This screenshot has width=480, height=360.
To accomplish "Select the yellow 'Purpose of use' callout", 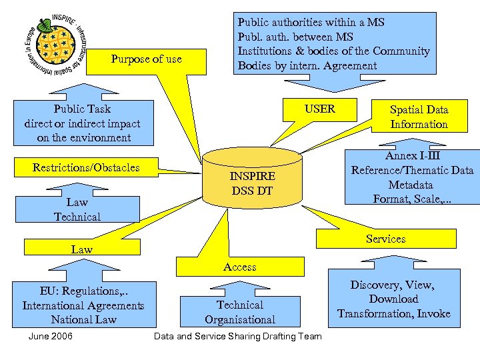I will pyautogui.click(x=146, y=59).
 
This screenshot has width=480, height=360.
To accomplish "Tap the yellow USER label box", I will pyautogui.click(x=320, y=109).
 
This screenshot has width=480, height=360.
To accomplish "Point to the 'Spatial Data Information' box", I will pyautogui.click(x=419, y=117).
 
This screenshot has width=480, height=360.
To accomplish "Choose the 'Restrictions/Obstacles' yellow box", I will pyautogui.click(x=86, y=167).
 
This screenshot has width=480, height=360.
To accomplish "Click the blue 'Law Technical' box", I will pyautogui.click(x=77, y=209).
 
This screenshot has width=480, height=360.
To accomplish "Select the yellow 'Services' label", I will pyautogui.click(x=385, y=239).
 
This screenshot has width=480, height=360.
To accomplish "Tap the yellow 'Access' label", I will pyautogui.click(x=240, y=267).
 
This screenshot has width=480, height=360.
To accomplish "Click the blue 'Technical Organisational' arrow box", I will pyautogui.click(x=240, y=312).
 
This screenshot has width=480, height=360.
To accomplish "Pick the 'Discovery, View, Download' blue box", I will pyautogui.click(x=393, y=299).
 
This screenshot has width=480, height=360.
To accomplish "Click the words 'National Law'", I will pyautogui.click(x=83, y=319).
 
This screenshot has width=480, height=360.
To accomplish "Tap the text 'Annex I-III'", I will pyautogui.click(x=412, y=155).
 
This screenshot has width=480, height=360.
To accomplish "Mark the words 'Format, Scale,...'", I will pyautogui.click(x=412, y=199).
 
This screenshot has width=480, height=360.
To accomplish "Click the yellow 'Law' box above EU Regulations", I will pyautogui.click(x=82, y=249).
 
